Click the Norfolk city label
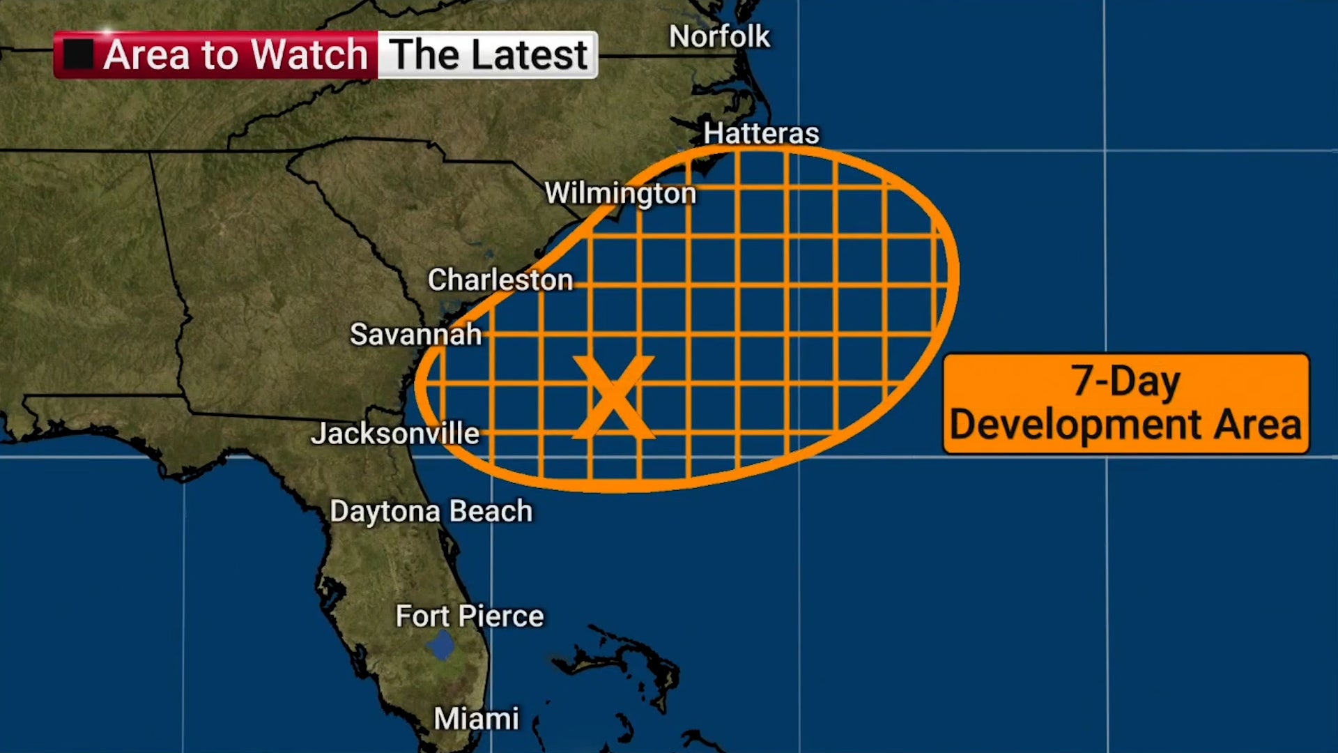pos(719,37)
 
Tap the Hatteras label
pos(761,133)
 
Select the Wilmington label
pos(620,193)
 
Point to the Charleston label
pos(500,280)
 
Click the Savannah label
pos(415,335)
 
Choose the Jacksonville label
pos(395,434)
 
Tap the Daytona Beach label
pos(431,511)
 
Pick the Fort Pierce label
pos(469,616)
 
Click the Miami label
pos(476,719)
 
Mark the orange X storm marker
pos(613,397)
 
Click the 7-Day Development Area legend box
pos(1125,404)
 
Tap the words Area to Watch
pos(235,54)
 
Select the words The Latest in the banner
pos(488,54)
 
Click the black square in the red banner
pos(78,54)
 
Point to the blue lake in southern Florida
pos(440,645)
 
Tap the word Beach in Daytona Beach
pos(491,511)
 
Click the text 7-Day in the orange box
pos(1125,381)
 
